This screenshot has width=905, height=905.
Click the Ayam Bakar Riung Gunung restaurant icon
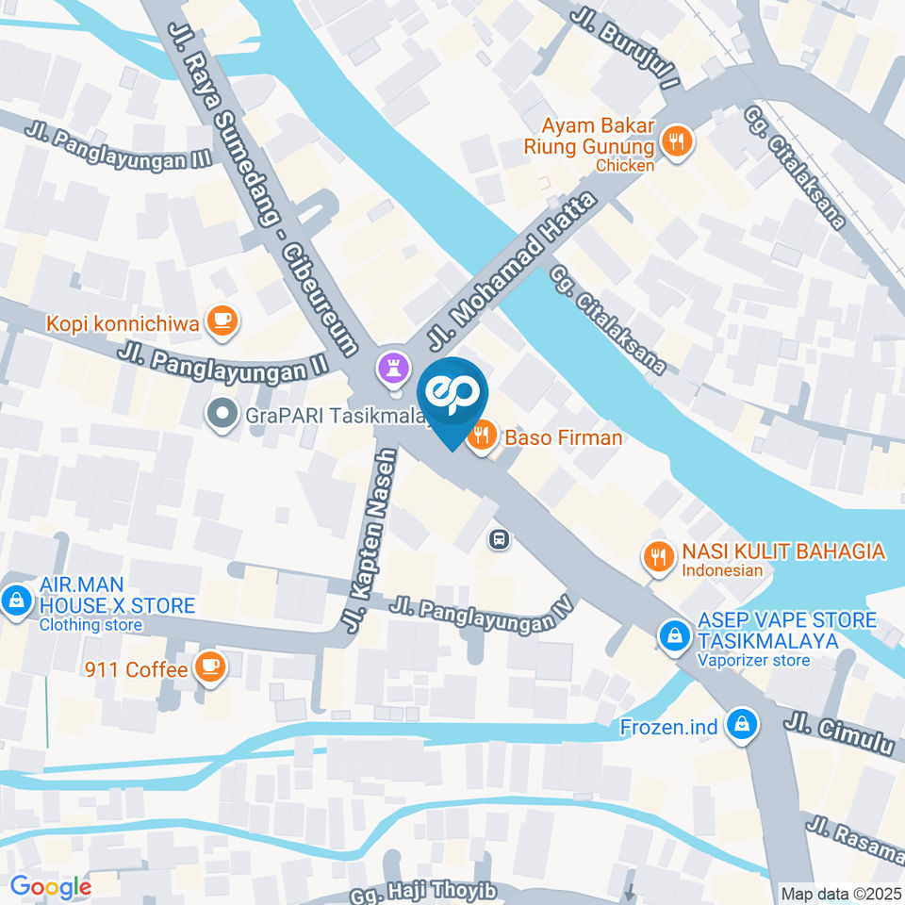(x=675, y=142)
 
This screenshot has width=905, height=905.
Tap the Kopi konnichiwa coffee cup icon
(x=222, y=321)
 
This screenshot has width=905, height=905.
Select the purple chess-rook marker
(x=390, y=367)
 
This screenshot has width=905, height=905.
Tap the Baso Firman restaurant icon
(x=482, y=436)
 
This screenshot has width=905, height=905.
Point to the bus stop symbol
(x=499, y=539)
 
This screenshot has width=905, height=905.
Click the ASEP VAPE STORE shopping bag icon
(x=674, y=634)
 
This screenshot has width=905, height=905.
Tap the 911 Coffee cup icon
(x=208, y=667)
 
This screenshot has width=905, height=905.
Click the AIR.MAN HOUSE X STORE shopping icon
(x=15, y=599)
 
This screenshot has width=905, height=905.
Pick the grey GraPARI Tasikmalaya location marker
(x=222, y=414)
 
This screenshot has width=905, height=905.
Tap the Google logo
(x=50, y=886)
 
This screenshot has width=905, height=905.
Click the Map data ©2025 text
(x=841, y=894)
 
